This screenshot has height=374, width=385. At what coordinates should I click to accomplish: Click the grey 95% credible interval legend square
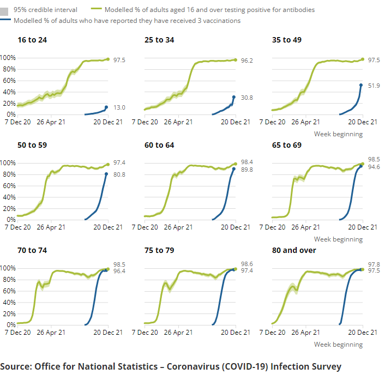coord(7,10)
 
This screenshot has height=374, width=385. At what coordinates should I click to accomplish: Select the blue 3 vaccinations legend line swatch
coord(7,21)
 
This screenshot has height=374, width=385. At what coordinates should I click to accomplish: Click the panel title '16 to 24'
coord(29,40)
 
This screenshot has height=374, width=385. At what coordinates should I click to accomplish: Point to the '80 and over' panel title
coord(294,250)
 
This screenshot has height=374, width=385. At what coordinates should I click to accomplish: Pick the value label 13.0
coord(119,107)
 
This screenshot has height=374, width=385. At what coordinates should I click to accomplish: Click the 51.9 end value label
coord(374,86)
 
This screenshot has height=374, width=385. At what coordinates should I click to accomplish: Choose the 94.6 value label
coord(374,167)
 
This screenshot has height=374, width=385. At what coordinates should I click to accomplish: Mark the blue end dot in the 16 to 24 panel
coord(107,107)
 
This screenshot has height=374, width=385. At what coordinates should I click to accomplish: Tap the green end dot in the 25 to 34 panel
coord(235,59)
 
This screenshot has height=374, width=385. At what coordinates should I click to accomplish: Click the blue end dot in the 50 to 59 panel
coord(107,174)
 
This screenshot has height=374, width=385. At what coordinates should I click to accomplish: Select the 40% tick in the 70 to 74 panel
coord(9,302)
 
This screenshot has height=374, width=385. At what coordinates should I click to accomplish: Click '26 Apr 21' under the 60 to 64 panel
coord(176,228)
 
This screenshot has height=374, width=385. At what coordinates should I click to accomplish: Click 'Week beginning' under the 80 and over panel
coord(338,345)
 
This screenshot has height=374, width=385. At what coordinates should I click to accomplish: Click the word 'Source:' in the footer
coord(16,366)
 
